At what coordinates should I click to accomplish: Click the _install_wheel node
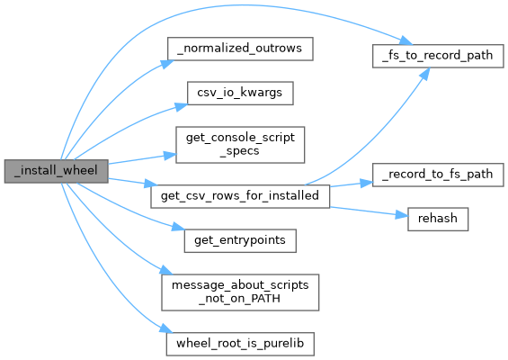56,171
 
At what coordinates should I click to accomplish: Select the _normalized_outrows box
240,49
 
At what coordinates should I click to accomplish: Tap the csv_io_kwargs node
240,93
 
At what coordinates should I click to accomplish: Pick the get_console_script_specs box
240,145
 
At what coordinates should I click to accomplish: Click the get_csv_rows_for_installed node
240,196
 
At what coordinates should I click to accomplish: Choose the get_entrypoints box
240,240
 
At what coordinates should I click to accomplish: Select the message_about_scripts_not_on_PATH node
240,292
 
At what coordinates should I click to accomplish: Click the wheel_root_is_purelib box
240,344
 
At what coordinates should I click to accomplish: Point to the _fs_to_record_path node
438,56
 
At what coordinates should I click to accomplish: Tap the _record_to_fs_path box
438,175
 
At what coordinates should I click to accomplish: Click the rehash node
438,220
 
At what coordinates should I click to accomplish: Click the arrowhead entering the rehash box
401,215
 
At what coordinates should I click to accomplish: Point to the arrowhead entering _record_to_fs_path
367,184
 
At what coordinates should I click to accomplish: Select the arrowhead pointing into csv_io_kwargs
182,106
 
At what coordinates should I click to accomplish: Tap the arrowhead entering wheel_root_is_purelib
166,328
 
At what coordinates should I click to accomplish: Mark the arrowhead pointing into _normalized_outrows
167,64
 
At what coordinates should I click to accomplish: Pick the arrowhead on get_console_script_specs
170,156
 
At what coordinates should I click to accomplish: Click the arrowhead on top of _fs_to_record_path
406,40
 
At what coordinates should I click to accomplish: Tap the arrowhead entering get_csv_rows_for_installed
151,184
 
